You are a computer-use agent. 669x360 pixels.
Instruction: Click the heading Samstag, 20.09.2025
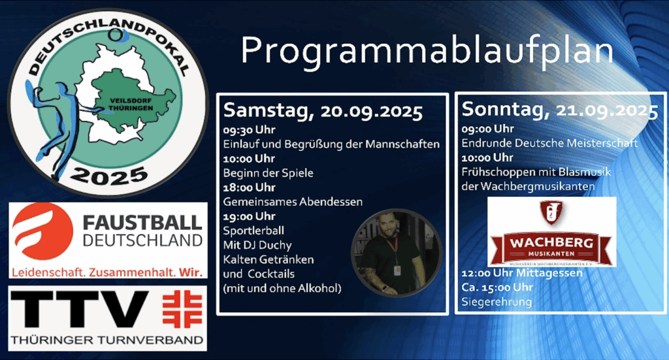coord(323,111)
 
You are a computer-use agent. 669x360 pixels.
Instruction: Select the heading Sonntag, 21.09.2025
coord(560,110)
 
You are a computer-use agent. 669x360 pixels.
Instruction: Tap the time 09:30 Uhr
coord(249,129)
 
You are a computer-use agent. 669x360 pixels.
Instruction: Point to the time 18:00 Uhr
coord(249,188)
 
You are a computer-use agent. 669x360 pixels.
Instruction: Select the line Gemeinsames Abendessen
coord(293,202)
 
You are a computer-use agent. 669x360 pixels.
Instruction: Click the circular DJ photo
coord(397,253)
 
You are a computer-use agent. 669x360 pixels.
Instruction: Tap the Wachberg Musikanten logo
coord(551,232)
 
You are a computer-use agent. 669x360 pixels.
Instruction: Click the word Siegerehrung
coord(497,302)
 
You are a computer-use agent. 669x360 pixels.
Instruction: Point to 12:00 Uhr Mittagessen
coord(522,273)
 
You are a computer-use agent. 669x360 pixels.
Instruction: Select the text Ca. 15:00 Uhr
coord(497,287)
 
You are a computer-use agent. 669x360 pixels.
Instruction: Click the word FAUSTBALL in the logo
coord(142,223)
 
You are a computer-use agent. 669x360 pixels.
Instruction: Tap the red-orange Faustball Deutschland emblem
coord(42,231)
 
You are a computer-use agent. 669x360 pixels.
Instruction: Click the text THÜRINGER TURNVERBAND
coord(107,340)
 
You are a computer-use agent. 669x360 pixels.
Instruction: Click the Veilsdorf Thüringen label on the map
coord(131,105)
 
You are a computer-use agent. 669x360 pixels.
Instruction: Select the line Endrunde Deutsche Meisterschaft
coord(549,143)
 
